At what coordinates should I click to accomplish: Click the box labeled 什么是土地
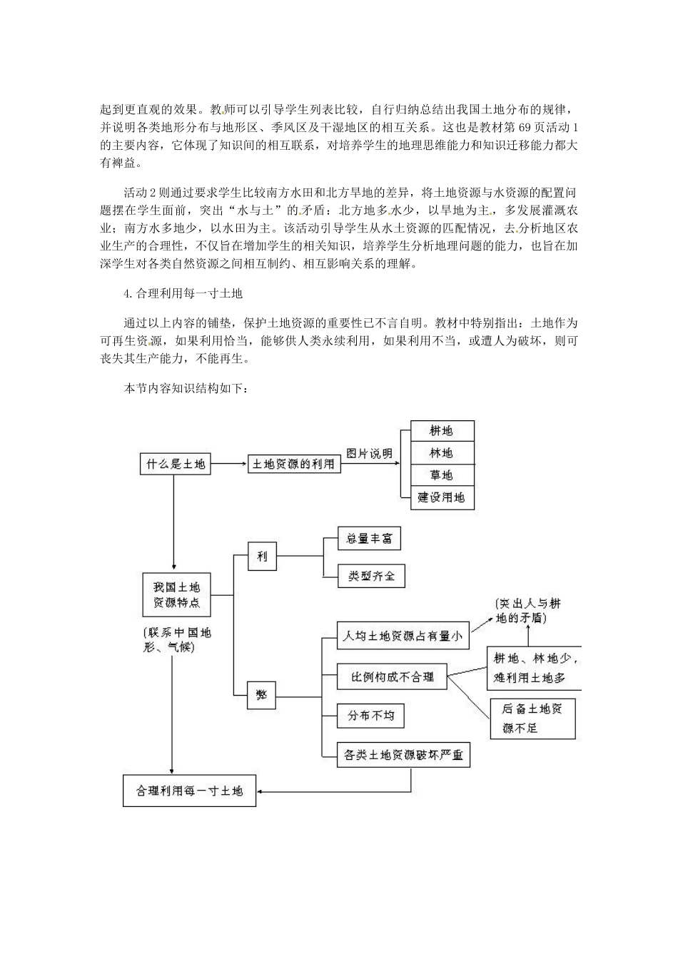(175, 465)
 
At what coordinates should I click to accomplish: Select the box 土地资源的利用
(293, 465)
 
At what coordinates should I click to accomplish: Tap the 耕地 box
(442, 431)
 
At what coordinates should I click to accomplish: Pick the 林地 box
(442, 453)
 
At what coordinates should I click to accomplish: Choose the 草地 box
(442, 475)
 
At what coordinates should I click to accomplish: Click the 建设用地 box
(442, 497)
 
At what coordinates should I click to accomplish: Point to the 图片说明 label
(369, 454)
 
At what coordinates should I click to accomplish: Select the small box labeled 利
(262, 557)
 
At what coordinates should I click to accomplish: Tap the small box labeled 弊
(262, 694)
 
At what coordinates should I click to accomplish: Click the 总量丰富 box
(370, 539)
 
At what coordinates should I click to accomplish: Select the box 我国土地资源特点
(176, 595)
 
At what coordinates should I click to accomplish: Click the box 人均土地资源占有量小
(403, 634)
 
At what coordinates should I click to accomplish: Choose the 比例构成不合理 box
(393, 676)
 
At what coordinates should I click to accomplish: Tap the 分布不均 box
(371, 715)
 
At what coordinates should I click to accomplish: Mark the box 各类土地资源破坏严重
(403, 754)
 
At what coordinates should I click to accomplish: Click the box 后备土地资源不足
(532, 718)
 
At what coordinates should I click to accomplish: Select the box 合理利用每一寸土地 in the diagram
(189, 791)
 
